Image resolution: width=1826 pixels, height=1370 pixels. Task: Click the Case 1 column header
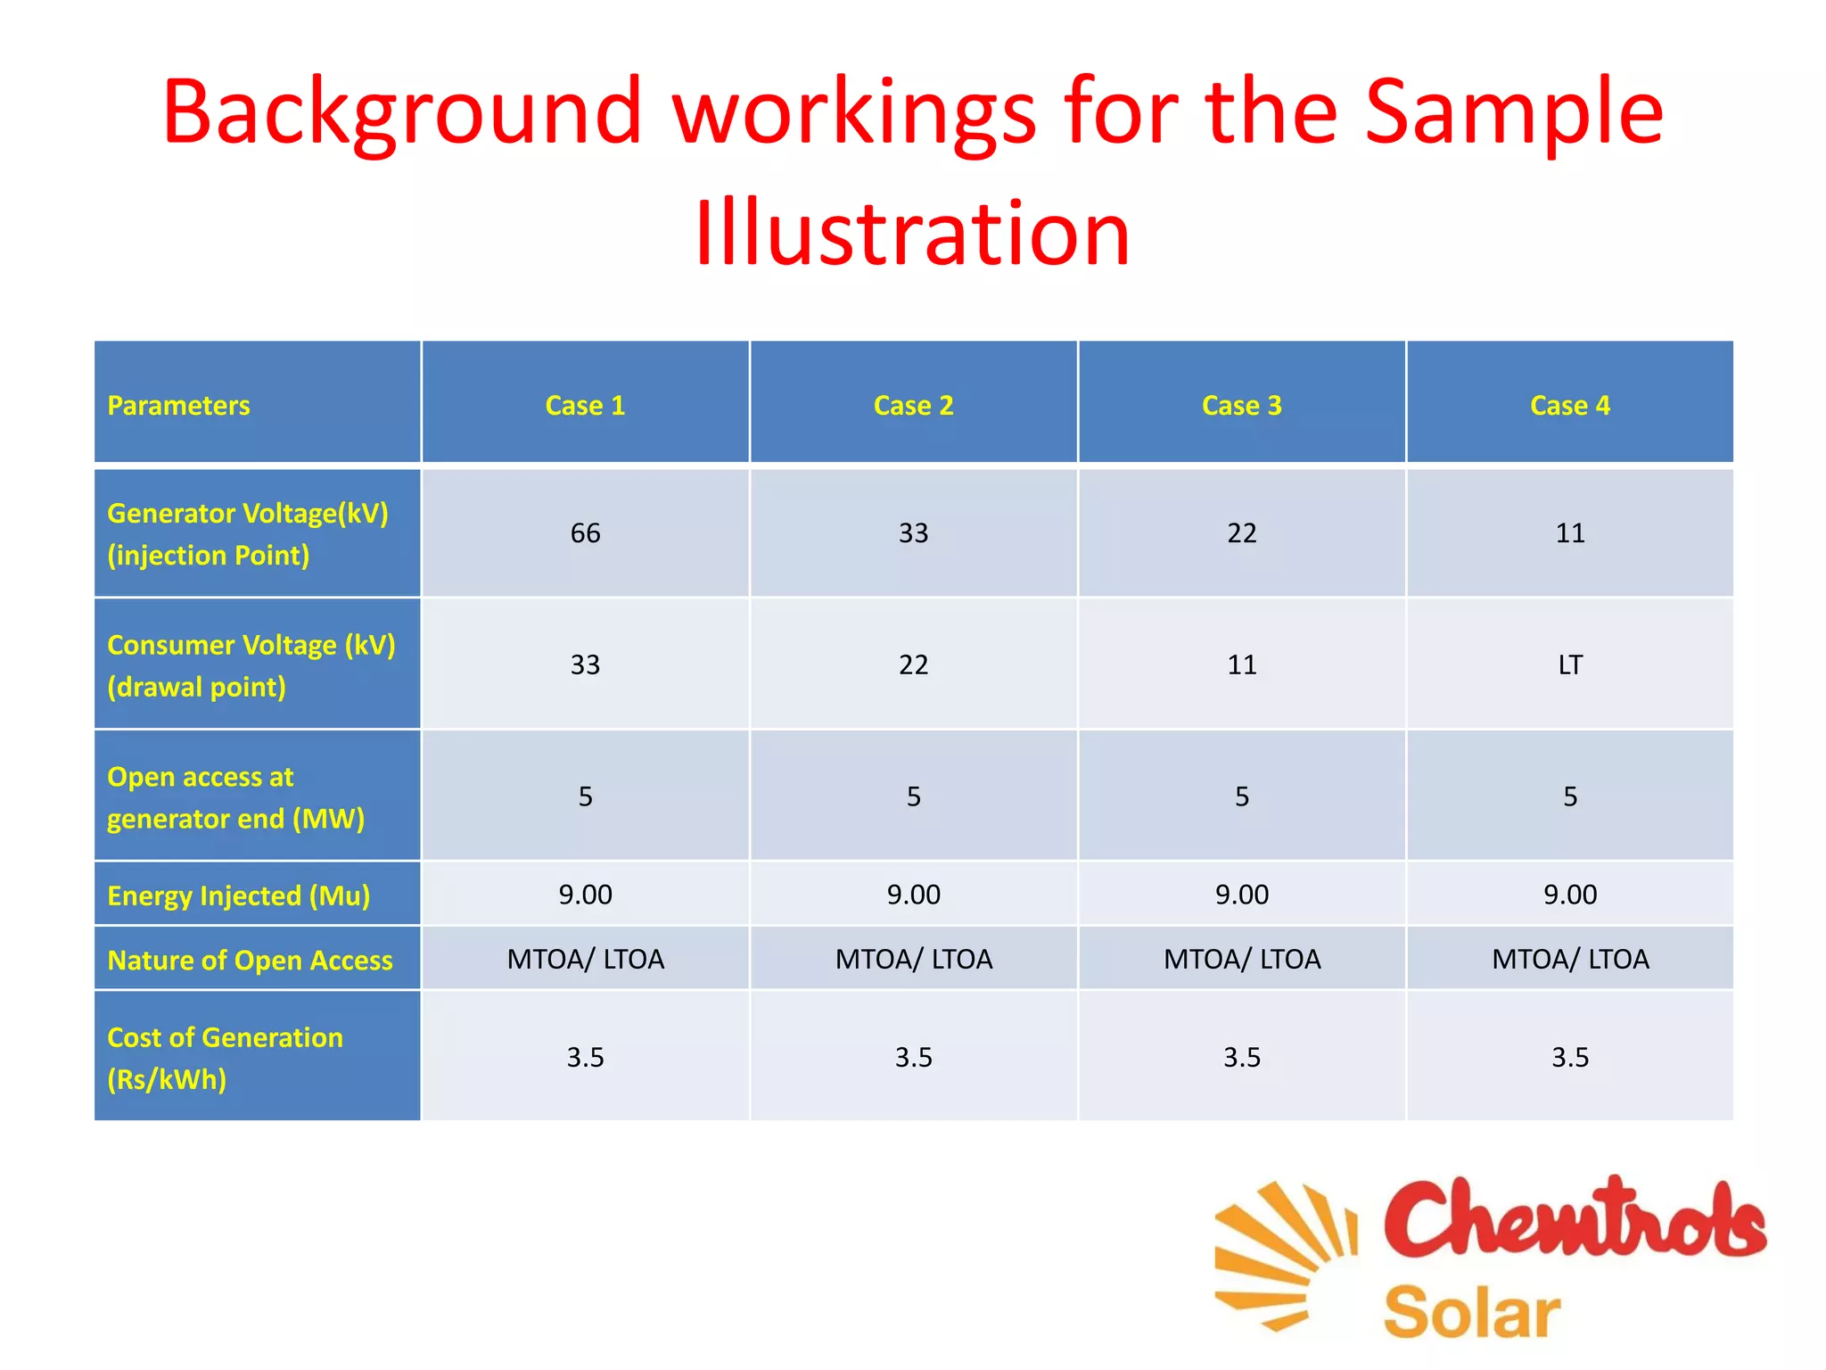click(585, 406)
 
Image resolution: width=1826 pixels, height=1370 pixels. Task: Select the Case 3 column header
click(1241, 406)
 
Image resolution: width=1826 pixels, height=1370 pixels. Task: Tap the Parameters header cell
click(178, 406)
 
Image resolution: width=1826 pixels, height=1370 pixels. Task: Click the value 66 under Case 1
click(585, 533)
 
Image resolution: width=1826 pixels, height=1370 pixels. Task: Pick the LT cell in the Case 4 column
click(1570, 664)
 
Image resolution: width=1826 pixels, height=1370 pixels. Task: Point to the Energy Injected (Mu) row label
click(238, 895)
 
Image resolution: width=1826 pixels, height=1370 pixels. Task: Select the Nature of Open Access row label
click(250, 960)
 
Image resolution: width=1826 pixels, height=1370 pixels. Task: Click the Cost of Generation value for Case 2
click(913, 1057)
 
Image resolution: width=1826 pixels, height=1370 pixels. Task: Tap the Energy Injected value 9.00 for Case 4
click(1570, 895)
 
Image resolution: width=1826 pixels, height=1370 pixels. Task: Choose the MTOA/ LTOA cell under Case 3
click(1241, 960)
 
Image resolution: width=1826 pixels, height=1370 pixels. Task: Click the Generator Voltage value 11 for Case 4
click(1570, 533)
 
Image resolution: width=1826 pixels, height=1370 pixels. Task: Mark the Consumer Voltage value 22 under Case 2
click(913, 664)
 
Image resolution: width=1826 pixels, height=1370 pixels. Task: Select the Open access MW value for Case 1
click(585, 796)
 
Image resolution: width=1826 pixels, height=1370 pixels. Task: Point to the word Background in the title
click(401, 112)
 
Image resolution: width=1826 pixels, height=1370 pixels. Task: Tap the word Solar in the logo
click(1471, 1313)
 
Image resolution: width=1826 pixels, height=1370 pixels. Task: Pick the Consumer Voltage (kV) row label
click(251, 665)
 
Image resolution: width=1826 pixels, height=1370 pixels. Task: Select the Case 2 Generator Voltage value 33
click(913, 533)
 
